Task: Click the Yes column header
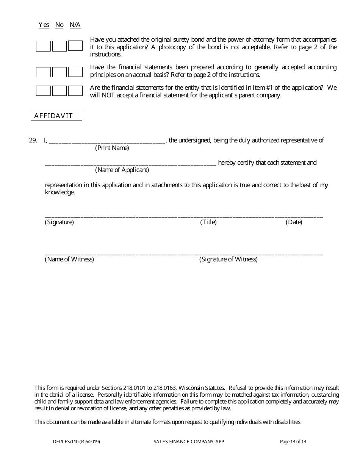(44, 25)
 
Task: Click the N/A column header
(75, 25)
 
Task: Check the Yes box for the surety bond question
(43, 46)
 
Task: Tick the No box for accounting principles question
(59, 72)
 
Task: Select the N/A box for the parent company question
(75, 91)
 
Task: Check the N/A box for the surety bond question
(75, 46)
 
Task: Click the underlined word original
(161, 40)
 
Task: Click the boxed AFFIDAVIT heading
(56, 116)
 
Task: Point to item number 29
(33, 141)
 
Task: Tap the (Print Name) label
(112, 148)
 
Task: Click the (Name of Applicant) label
(122, 170)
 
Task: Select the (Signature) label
(59, 222)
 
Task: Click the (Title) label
(208, 222)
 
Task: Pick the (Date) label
(294, 222)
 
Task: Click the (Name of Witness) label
(69, 260)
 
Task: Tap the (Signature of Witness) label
(229, 260)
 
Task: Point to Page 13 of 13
(293, 441)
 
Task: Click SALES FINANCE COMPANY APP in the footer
(189, 441)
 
